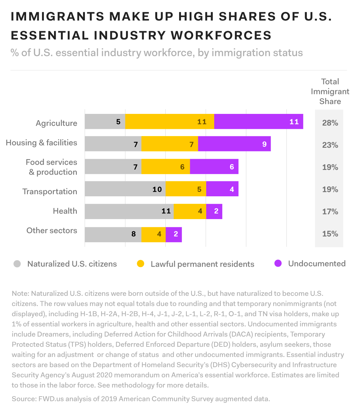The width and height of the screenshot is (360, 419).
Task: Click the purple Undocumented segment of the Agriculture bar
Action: (x=259, y=121)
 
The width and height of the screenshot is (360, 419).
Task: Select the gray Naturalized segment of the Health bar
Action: (x=129, y=211)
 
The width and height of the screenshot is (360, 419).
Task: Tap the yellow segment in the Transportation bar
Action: (x=186, y=189)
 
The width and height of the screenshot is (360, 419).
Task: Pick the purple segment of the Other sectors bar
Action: (x=174, y=234)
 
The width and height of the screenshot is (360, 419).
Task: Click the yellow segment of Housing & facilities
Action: (x=169, y=144)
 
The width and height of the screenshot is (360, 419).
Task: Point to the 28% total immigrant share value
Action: (x=330, y=123)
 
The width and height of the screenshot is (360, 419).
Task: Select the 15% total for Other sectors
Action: (x=330, y=234)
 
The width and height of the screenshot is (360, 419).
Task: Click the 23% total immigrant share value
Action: (x=330, y=145)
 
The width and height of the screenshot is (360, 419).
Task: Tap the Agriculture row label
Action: (x=56, y=123)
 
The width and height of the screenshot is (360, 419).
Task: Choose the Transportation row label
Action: (x=50, y=192)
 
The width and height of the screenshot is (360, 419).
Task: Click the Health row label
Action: (x=65, y=211)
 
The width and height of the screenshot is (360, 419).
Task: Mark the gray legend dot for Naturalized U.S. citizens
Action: (x=17, y=264)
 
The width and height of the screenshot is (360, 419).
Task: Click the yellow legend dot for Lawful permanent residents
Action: (x=140, y=264)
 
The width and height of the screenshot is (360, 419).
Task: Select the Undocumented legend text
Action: (x=317, y=264)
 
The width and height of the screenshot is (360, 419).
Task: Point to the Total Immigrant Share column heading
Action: (x=330, y=91)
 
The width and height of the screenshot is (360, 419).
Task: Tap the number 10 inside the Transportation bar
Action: (x=157, y=189)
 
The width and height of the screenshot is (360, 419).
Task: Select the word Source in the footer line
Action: (x=23, y=399)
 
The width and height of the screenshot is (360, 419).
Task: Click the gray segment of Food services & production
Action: (x=113, y=166)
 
